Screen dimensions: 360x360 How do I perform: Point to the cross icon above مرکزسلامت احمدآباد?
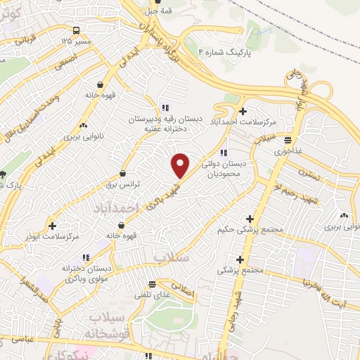click(x=243, y=110)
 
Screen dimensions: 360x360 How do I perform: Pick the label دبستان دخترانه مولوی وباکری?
click(x=86, y=274)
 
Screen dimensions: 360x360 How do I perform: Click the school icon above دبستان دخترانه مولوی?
click(x=86, y=258)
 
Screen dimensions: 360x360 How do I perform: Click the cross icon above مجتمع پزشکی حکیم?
click(x=250, y=219)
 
